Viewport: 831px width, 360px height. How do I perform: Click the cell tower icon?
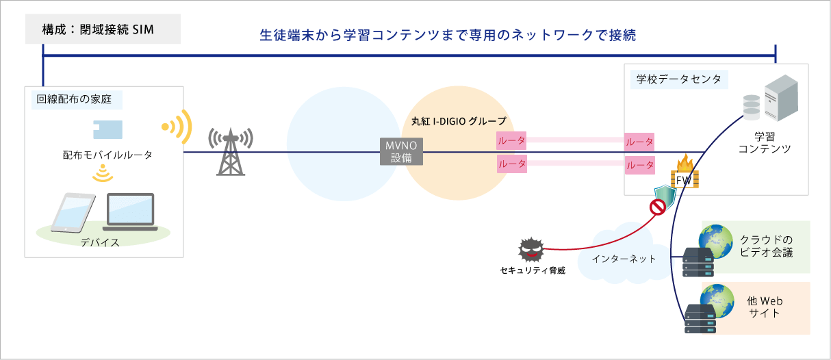(231, 152)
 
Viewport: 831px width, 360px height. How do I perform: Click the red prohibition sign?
(658, 207)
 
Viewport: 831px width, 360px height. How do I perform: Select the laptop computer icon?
(131, 212)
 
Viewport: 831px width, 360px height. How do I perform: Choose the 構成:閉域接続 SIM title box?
(103, 31)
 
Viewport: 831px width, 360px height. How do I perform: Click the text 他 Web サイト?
(765, 307)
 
